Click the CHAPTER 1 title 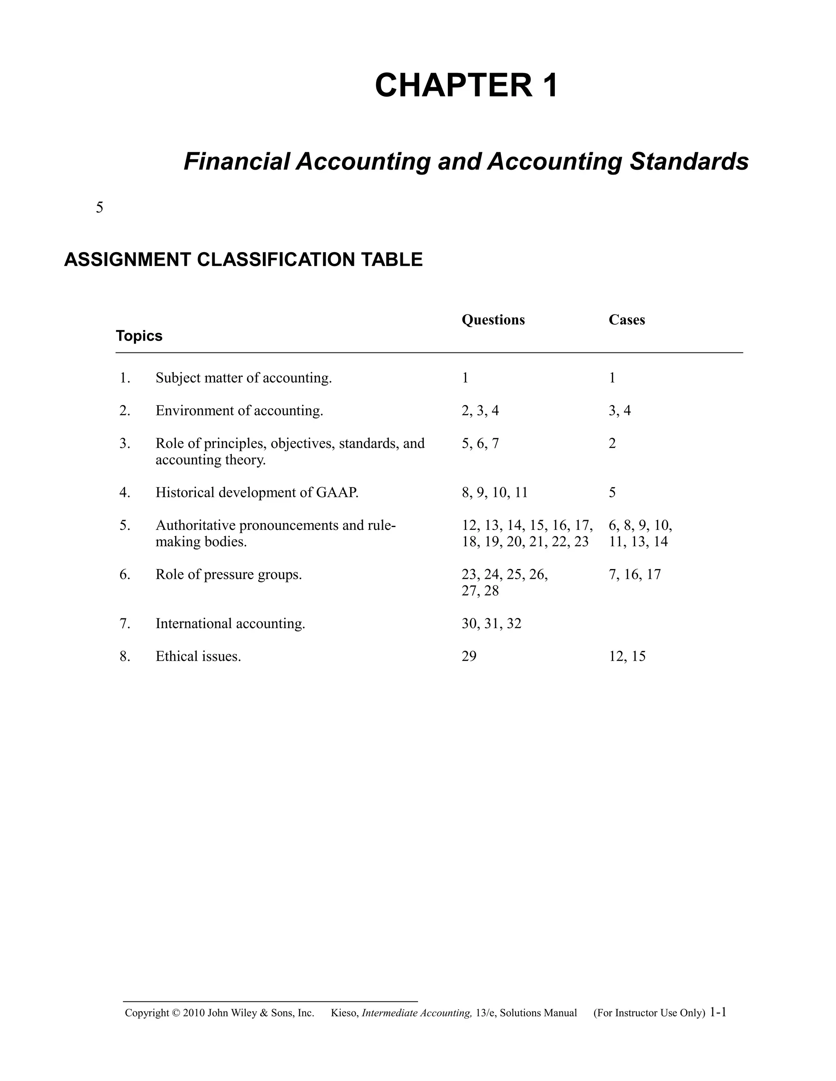pyautogui.click(x=467, y=85)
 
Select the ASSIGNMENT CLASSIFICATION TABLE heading pyautogui.click(x=243, y=260)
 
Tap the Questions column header pyautogui.click(x=493, y=320)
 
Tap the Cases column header pyautogui.click(x=627, y=320)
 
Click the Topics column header pyautogui.click(x=139, y=336)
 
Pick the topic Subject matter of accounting pyautogui.click(x=244, y=378)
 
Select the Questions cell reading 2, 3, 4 pyautogui.click(x=480, y=411)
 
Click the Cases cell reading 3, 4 pyautogui.click(x=620, y=411)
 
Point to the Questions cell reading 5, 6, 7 pyautogui.click(x=480, y=443)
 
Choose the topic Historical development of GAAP pyautogui.click(x=256, y=492)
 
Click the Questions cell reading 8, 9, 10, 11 pyautogui.click(x=494, y=492)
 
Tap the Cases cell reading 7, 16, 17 pyautogui.click(x=634, y=575)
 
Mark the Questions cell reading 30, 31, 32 pyautogui.click(x=491, y=624)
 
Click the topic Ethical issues pyautogui.click(x=198, y=656)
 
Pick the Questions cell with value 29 pyautogui.click(x=469, y=656)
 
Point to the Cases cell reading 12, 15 pyautogui.click(x=627, y=656)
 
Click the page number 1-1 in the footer pyautogui.click(x=718, y=1012)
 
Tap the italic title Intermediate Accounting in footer pyautogui.click(x=416, y=1013)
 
